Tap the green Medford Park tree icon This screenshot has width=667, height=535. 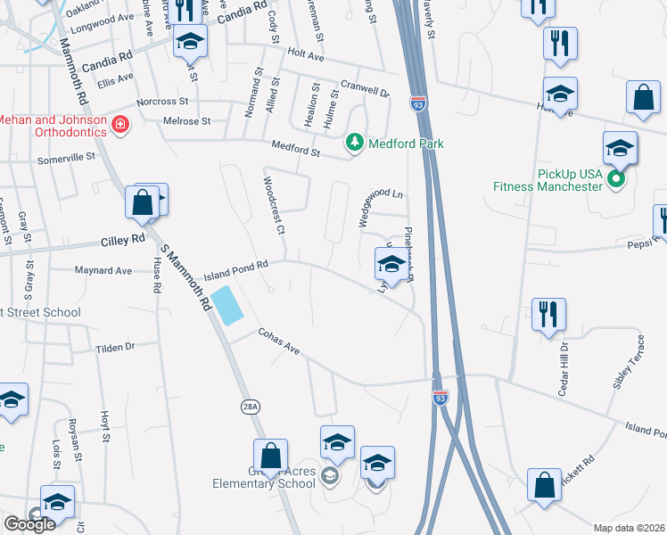coord(355,143)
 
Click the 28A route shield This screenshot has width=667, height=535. coord(251,407)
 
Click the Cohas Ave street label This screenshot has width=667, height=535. coord(278,340)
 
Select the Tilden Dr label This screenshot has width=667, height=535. coord(115,347)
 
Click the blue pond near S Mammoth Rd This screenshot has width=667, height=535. coord(226,306)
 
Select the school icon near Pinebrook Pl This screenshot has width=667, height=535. coord(389,264)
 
